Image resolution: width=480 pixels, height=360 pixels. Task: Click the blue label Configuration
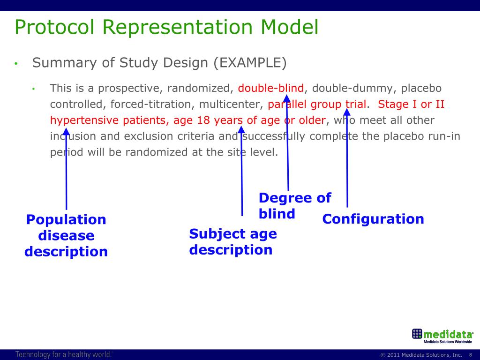pyautogui.click(x=373, y=219)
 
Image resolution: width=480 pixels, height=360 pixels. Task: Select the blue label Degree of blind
pyautogui.click(x=294, y=206)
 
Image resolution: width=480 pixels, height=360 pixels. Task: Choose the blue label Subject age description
pyautogui.click(x=232, y=241)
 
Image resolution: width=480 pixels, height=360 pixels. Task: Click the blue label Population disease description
pyautogui.click(x=66, y=235)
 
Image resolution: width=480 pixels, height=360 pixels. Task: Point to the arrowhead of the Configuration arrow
pyautogui.click(x=347, y=112)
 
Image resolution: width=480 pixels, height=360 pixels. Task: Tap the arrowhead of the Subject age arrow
pyautogui.click(x=241, y=128)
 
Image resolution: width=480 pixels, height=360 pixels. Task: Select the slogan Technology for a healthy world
pyautogui.click(x=64, y=354)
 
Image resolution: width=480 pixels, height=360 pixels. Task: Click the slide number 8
pyautogui.click(x=470, y=355)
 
